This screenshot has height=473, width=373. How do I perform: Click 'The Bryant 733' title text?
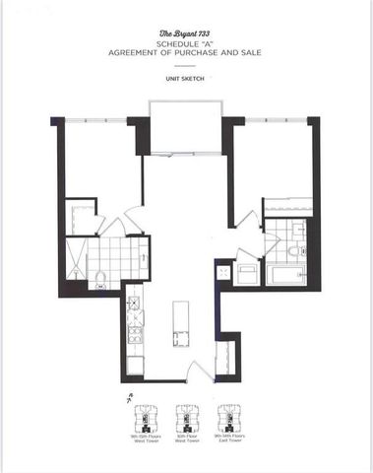point(186,35)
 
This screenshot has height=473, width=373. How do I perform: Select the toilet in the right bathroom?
point(295,252)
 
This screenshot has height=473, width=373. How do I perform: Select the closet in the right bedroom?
point(286,208)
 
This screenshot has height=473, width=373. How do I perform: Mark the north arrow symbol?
point(129,398)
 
